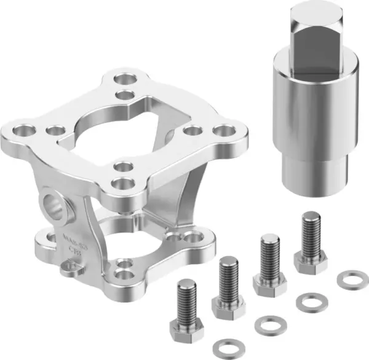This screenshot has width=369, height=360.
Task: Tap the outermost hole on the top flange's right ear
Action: pos(226,131)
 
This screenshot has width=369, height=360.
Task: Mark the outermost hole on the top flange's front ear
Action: pos(124,183)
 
